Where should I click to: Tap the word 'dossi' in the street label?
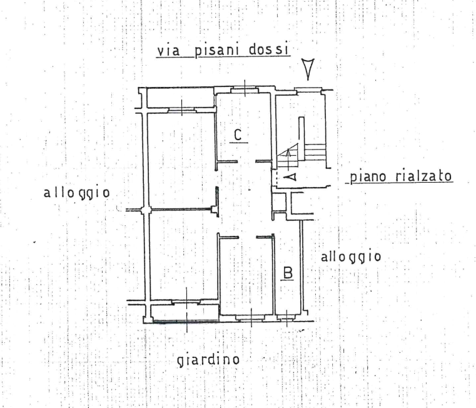268,50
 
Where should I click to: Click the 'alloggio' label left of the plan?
77,193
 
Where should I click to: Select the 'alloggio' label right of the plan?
351,257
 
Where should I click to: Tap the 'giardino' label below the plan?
208,360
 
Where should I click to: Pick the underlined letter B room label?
288,272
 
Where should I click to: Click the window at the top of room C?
245,90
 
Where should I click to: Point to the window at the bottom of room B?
286,318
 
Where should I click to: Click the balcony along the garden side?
185,313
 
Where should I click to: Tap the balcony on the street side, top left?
181,98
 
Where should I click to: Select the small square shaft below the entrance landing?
280,201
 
